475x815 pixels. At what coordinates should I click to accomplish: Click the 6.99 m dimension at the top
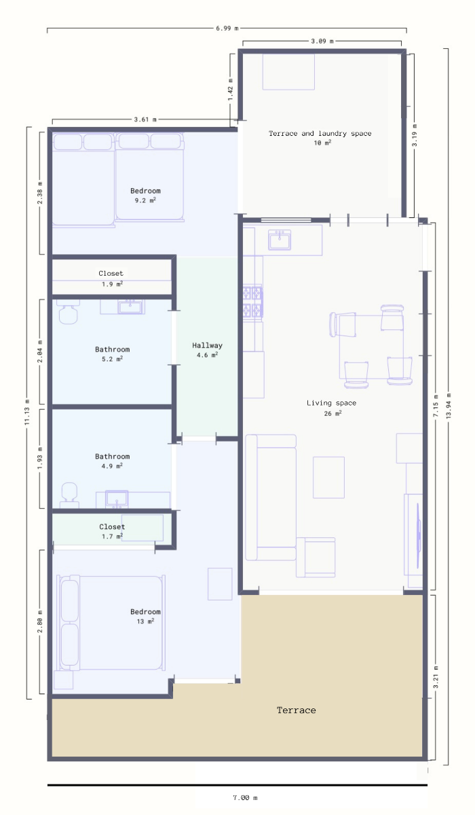[x=227, y=29]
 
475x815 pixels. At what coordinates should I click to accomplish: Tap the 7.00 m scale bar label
[x=245, y=797]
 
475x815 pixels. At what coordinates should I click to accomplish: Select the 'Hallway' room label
[x=207, y=345]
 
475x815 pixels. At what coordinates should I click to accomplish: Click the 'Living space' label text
[x=331, y=403]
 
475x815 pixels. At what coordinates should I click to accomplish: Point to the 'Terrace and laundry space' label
[x=320, y=134]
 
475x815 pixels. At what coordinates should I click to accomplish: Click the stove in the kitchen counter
[x=252, y=302]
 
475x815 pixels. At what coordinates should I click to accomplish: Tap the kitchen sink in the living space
[x=280, y=240]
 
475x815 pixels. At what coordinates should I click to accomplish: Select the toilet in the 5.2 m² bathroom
[x=66, y=312]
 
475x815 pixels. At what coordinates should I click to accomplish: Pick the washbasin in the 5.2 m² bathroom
[x=130, y=307]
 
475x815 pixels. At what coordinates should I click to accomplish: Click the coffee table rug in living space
[x=328, y=477]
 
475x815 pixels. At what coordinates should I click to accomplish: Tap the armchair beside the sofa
[x=316, y=557]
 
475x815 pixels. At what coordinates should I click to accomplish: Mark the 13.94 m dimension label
[x=446, y=405]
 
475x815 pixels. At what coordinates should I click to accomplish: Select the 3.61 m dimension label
[x=145, y=119]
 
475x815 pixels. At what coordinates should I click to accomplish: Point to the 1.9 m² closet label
[x=111, y=278]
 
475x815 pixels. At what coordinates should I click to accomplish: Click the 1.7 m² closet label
[x=112, y=531]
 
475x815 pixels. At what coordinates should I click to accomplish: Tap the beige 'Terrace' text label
[x=296, y=710]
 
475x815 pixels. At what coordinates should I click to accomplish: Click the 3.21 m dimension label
[x=436, y=676]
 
